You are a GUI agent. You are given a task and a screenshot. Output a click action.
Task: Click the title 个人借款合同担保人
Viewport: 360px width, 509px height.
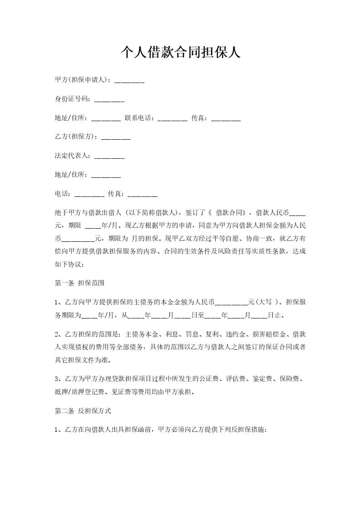pos(180,53)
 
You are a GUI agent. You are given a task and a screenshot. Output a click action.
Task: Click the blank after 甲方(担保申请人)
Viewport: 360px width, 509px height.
pos(129,81)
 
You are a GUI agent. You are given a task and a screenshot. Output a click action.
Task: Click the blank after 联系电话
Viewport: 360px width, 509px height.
pos(173,119)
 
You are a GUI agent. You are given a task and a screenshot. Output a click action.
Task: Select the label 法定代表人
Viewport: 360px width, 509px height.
pos(73,156)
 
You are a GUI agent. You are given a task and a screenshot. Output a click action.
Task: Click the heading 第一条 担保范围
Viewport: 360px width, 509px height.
pos(79,283)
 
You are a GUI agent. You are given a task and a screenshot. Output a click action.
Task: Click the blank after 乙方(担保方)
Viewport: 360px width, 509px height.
pos(116,138)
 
